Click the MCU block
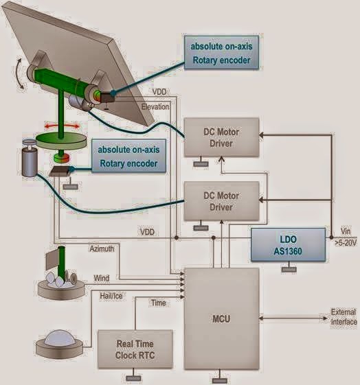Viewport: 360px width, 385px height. pyautogui.click(x=221, y=318)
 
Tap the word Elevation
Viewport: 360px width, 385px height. pyautogui.click(x=155, y=107)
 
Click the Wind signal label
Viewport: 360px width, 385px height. pyautogui.click(x=101, y=278)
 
